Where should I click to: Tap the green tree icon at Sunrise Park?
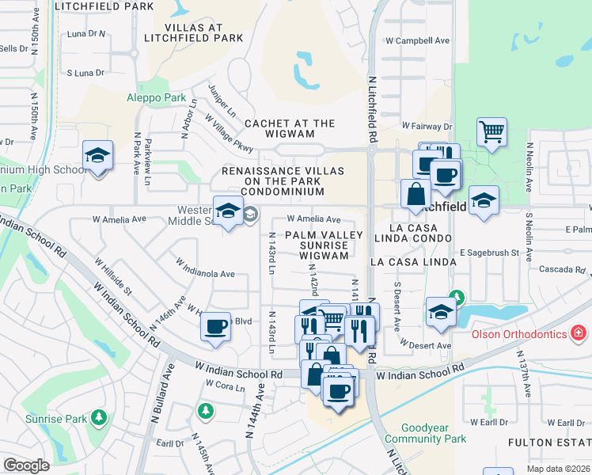click(99, 416)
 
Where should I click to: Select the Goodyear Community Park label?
click(433, 433)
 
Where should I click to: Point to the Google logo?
click(26, 465)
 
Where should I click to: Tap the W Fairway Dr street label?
click(426, 126)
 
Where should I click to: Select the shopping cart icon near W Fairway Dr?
click(491, 131)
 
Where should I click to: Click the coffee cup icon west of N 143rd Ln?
click(215, 326)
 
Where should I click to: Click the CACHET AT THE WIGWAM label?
click(290, 123)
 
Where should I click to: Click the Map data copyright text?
click(557, 469)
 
